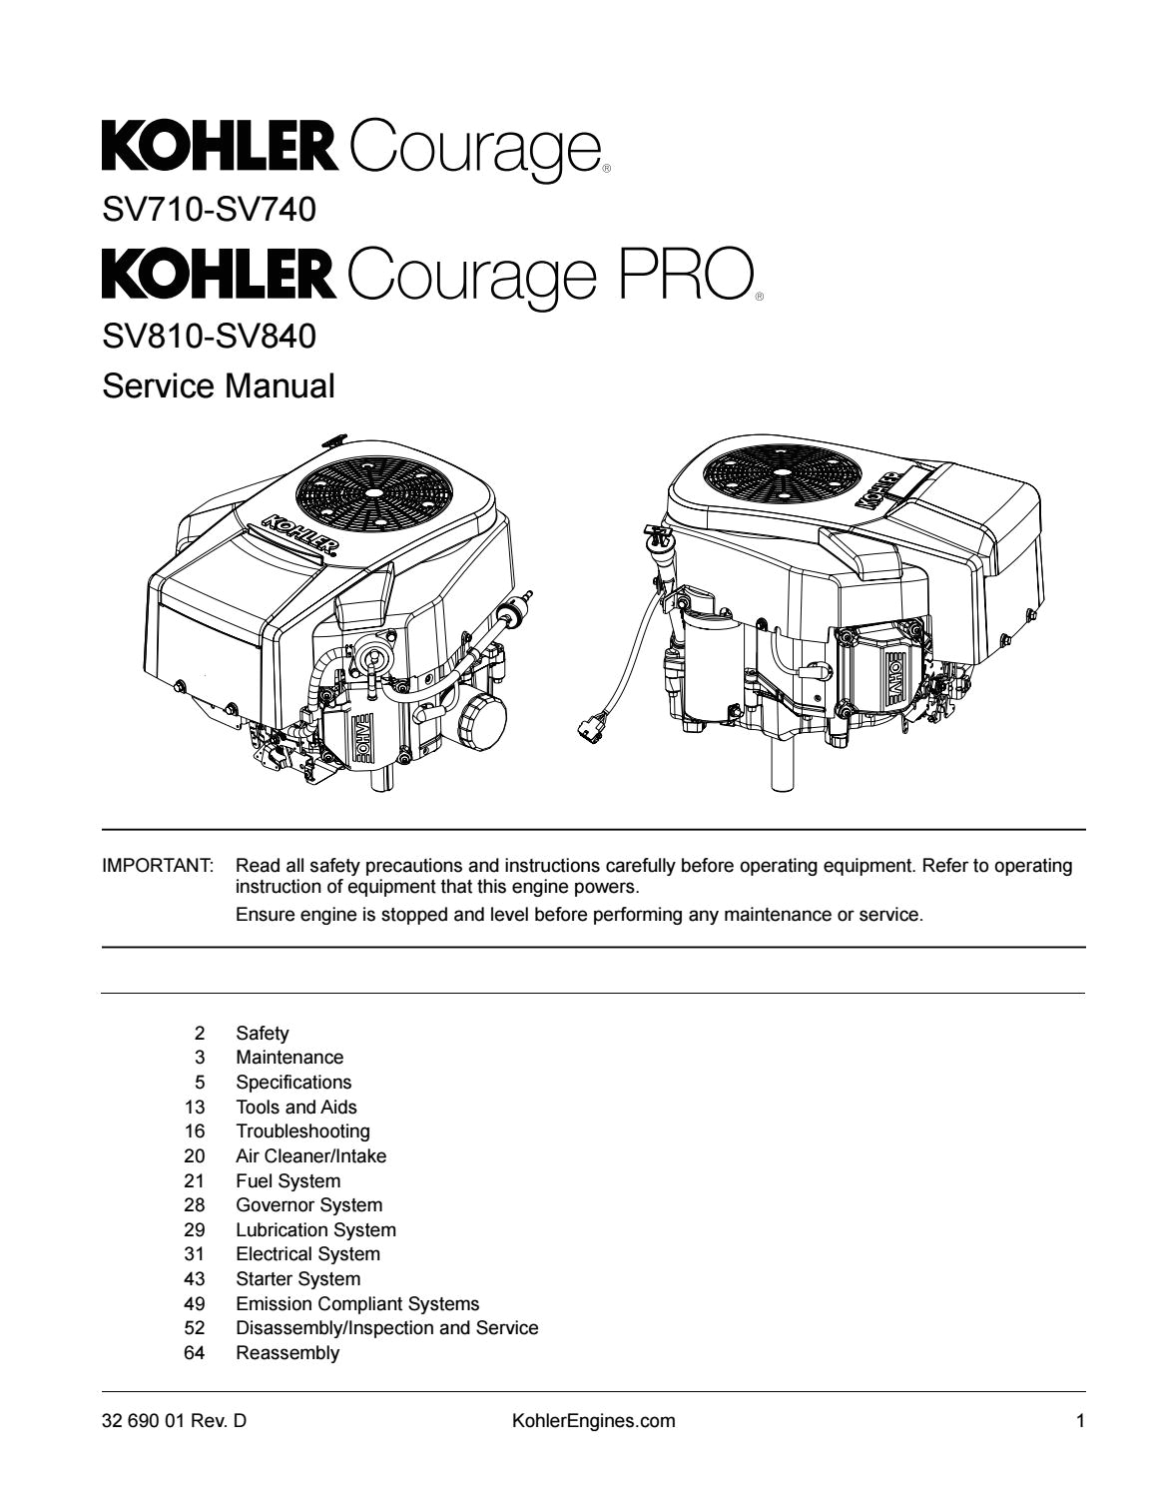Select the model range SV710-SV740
209,210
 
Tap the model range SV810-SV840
209,337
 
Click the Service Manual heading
219,385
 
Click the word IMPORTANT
158,866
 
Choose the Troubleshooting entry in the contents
302,1131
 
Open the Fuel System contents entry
288,1180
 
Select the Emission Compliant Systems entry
357,1303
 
